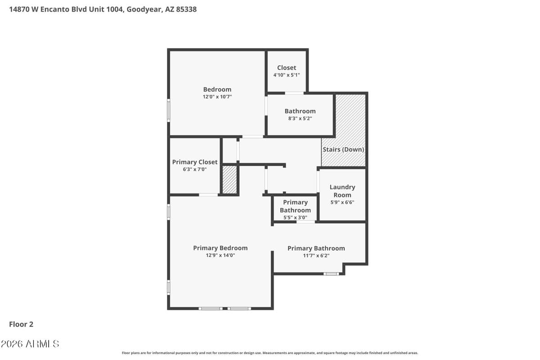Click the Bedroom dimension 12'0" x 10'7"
point(217,97)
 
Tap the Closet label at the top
point(286,68)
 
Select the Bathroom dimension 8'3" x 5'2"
point(300,118)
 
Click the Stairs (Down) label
point(343,149)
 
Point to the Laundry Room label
point(342,191)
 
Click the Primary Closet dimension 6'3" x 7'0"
point(194,169)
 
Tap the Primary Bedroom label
point(220,248)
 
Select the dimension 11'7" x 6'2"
point(316,256)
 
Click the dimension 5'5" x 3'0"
point(295,217)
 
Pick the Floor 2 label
point(21,324)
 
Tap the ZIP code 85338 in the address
point(186,9)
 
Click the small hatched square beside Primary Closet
point(229,180)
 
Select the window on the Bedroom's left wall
point(168,110)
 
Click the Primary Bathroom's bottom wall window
point(331,274)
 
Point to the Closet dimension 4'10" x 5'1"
point(286,75)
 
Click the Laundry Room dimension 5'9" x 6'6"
point(342,202)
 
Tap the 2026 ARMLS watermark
point(30,344)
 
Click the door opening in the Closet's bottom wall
point(294,93)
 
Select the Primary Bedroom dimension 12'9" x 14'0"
point(220,255)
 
